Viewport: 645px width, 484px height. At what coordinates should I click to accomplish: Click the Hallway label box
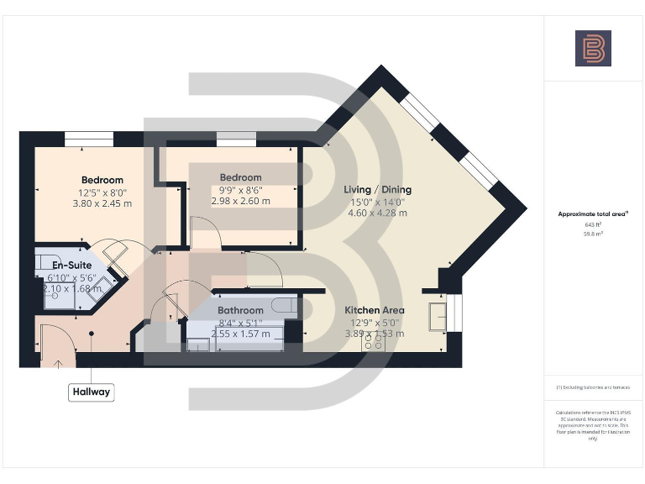pos(91,392)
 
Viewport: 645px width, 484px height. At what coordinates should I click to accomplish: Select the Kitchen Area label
pos(375,310)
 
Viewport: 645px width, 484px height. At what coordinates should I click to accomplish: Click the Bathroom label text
pos(241,311)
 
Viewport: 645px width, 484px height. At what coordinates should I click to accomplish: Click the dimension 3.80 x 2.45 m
pos(102,203)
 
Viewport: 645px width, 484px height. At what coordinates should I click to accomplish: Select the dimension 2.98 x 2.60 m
pos(240,201)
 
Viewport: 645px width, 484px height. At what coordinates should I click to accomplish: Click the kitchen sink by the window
pos(438,317)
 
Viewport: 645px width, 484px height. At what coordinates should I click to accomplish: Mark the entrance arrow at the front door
pos(57,363)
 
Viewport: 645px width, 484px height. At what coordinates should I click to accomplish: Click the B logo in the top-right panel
pos(593,48)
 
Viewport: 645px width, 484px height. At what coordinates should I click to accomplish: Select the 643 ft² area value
pos(593,225)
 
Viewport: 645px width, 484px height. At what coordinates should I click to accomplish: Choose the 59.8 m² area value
pos(593,234)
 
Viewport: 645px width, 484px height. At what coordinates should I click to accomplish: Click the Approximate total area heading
pos(593,214)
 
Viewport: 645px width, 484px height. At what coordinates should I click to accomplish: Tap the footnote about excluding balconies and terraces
pos(593,387)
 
